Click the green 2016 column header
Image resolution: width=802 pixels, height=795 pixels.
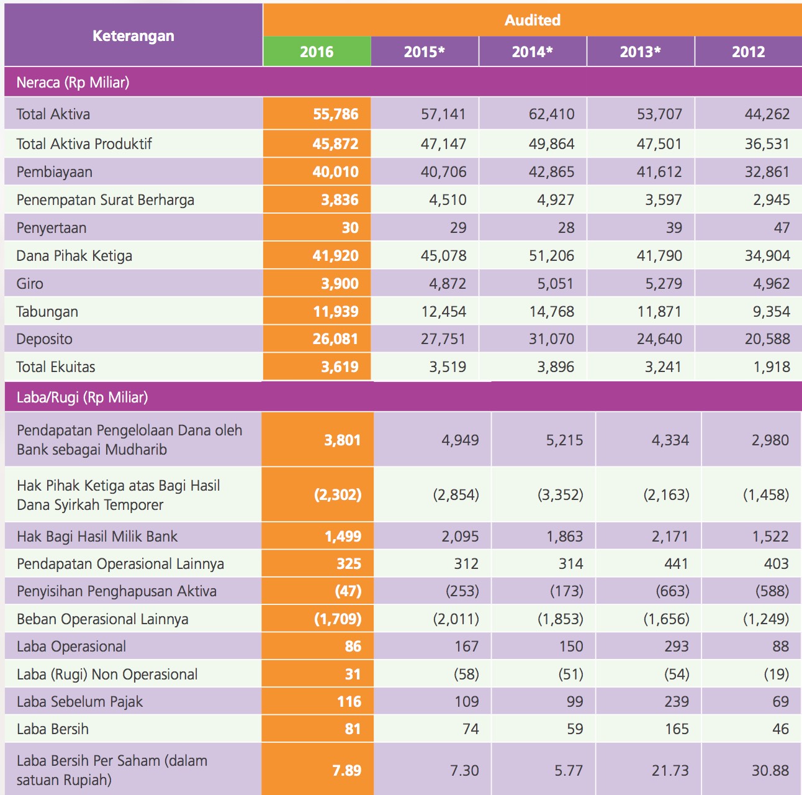click(317, 52)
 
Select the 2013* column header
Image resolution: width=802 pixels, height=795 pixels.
click(640, 52)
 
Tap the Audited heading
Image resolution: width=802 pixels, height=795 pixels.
click(532, 20)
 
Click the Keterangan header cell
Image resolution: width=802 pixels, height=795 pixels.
click(133, 35)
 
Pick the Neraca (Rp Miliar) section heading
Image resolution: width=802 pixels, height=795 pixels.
click(73, 83)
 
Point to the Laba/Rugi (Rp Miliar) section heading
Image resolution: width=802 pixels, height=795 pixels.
click(82, 397)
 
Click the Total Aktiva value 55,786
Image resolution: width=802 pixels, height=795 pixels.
click(335, 114)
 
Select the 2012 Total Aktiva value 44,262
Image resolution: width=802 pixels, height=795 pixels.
click(767, 114)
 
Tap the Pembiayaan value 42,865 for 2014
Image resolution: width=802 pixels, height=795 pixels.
click(551, 172)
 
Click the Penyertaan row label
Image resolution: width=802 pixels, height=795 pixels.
click(52, 228)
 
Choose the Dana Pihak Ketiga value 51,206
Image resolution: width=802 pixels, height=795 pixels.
click(551, 256)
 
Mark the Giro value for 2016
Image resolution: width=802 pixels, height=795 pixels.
click(340, 284)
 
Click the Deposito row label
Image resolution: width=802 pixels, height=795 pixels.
click(45, 339)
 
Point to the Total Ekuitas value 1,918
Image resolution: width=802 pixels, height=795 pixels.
click(772, 367)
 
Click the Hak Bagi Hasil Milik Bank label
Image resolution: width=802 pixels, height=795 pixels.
click(97, 536)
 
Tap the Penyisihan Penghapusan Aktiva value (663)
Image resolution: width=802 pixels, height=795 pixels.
click(672, 591)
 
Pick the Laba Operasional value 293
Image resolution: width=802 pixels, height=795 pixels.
click(676, 647)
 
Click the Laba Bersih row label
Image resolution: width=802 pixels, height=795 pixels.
click(53, 729)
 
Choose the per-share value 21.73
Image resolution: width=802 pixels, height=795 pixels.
click(670, 771)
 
